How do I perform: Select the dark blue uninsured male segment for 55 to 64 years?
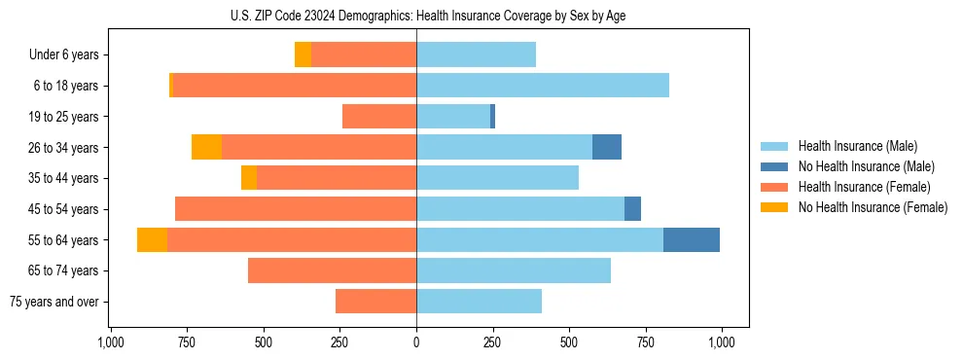(692, 239)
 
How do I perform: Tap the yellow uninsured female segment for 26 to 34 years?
(206, 147)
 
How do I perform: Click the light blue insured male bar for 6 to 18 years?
(543, 86)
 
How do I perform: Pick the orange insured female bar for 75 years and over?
(375, 302)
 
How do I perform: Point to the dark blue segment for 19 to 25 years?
(493, 117)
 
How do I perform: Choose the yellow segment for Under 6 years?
(303, 54)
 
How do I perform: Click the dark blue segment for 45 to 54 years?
(632, 209)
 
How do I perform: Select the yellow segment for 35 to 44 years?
(249, 178)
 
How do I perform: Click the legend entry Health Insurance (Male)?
(857, 146)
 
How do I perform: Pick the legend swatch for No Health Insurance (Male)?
(774, 166)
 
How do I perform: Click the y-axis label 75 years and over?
(54, 302)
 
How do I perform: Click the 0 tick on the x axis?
(416, 342)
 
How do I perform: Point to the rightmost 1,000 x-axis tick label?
(721, 342)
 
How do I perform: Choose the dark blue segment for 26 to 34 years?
(607, 147)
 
